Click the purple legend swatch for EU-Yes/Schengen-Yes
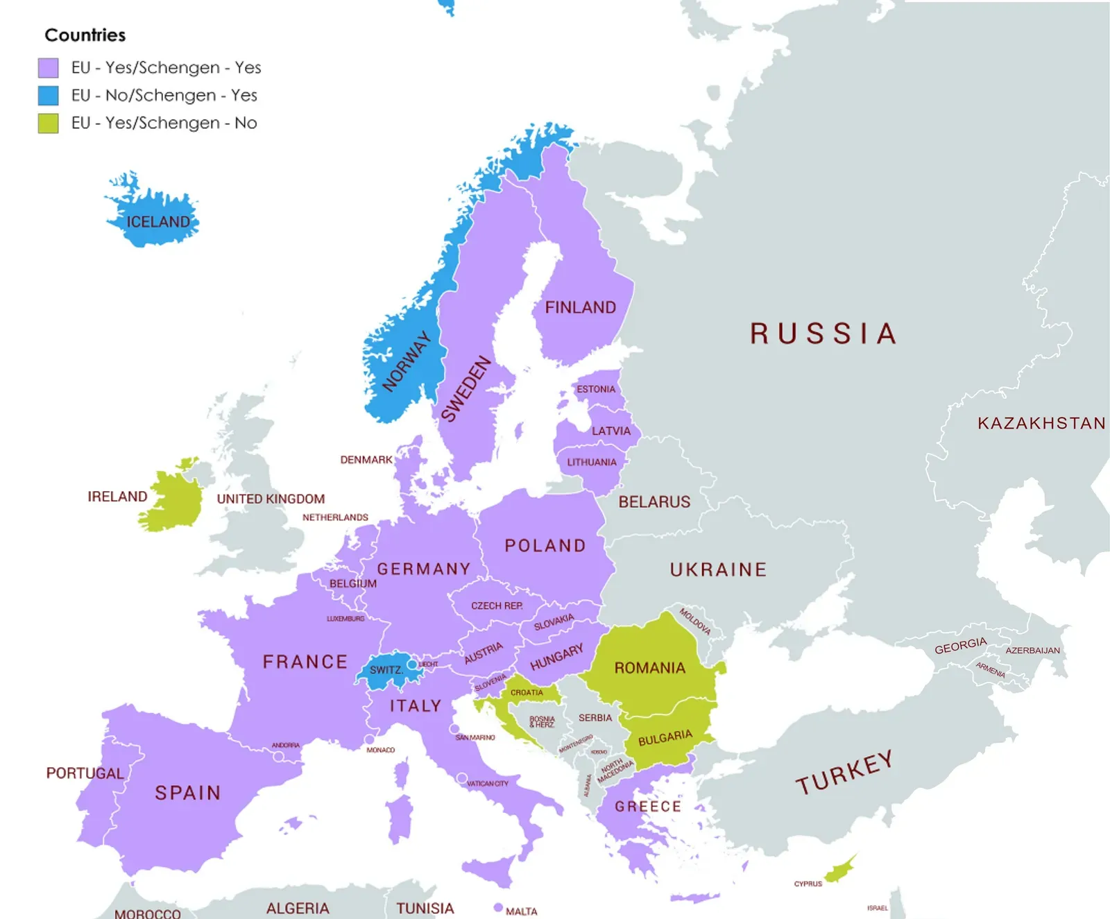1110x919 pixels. [x=48, y=68]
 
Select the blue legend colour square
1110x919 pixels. [x=48, y=96]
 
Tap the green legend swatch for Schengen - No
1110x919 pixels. [x=48, y=123]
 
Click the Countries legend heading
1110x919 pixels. [x=85, y=35]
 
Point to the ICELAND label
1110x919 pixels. [x=157, y=222]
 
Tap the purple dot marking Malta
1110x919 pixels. [x=498, y=907]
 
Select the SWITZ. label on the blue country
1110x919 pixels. [x=386, y=670]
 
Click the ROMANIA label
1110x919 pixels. [x=649, y=668]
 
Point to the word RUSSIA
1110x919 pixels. [x=823, y=334]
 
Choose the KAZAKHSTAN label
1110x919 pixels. [x=1041, y=423]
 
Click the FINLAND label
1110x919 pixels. [x=580, y=307]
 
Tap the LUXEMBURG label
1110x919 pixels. [x=345, y=619]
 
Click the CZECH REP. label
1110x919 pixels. [x=497, y=605]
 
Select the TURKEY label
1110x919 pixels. [x=844, y=773]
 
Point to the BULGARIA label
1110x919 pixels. [x=665, y=737]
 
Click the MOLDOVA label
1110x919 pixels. [x=694, y=621]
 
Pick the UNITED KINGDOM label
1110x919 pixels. [x=271, y=499]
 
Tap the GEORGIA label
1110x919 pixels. [x=960, y=646]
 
